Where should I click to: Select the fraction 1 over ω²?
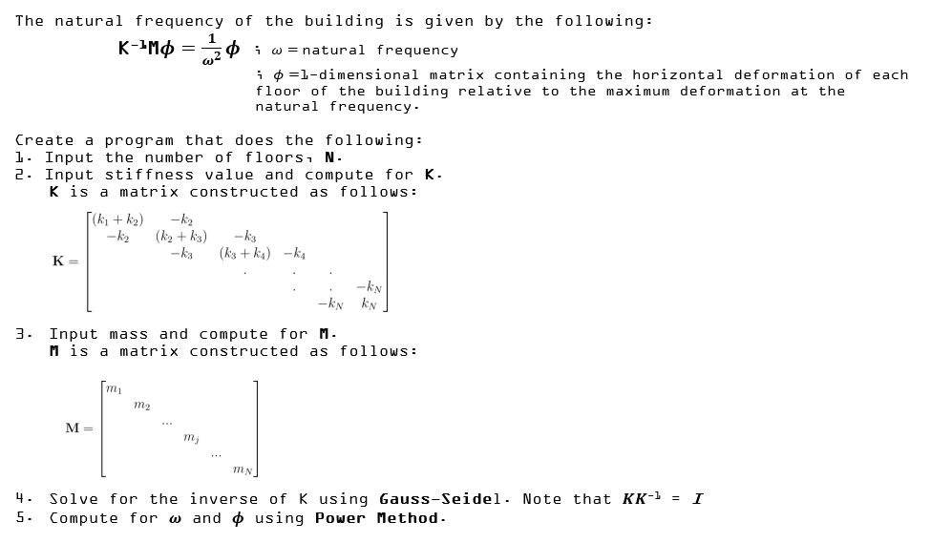pyautogui.click(x=210, y=50)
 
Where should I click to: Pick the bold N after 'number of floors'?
pyautogui.click(x=330, y=157)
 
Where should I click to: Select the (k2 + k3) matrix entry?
pyautogui.click(x=180, y=236)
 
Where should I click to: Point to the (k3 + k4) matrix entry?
pyautogui.click(x=244, y=253)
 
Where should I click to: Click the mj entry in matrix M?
pyautogui.click(x=190, y=437)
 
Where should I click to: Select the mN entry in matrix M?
pyautogui.click(x=243, y=469)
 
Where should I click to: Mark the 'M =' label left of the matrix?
pyautogui.click(x=78, y=428)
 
